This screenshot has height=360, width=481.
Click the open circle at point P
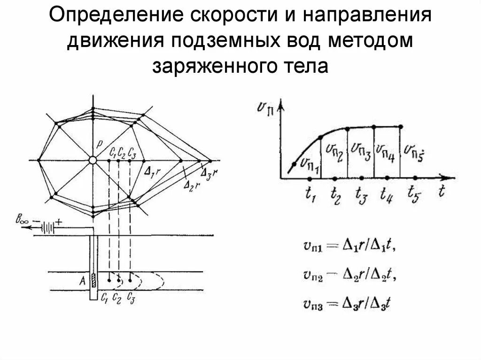coord(93,161)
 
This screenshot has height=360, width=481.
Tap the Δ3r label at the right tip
coord(210,173)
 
